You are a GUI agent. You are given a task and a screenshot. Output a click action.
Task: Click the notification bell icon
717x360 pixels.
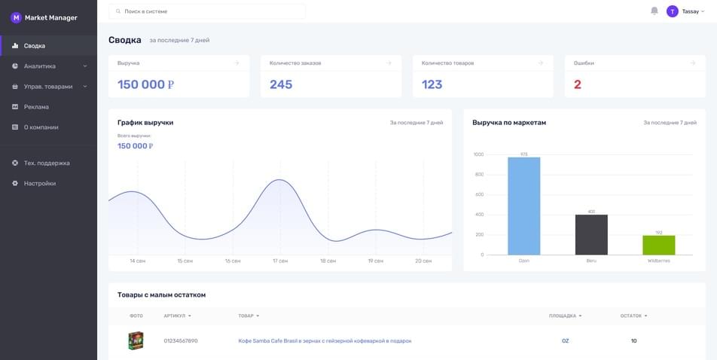(654, 11)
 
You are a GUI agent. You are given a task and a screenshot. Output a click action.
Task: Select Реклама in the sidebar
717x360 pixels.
(36, 107)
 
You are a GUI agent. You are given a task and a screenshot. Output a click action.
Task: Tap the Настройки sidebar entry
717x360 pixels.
(40, 184)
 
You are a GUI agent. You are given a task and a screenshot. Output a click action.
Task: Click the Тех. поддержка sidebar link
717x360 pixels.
(47, 163)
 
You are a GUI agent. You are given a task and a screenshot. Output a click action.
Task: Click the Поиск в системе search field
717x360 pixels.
(207, 11)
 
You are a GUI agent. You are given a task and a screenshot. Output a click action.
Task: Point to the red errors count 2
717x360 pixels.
(578, 84)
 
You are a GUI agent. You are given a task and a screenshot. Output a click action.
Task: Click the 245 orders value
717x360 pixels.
(281, 84)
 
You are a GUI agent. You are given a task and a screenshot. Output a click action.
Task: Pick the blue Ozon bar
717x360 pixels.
(524, 206)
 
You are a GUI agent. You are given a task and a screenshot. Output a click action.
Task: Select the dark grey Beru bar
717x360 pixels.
(591, 235)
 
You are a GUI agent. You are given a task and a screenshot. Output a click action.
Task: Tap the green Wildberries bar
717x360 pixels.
(659, 246)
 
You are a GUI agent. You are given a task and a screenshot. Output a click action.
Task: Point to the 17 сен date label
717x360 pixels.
(280, 261)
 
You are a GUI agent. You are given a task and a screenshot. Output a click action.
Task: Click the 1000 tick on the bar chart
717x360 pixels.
(478, 154)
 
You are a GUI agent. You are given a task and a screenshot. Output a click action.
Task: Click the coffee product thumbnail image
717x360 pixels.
(136, 340)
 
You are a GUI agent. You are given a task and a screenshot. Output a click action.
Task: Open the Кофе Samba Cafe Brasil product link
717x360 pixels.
(325, 340)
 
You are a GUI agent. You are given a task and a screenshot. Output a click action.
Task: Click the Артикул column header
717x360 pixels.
(178, 316)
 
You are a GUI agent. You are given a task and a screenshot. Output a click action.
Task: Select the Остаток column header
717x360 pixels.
(634, 316)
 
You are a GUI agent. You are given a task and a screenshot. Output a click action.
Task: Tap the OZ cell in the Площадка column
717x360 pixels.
(565, 340)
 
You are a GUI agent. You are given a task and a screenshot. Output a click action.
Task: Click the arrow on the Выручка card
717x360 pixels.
(236, 63)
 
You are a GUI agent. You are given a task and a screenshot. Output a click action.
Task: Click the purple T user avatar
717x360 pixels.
(672, 11)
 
